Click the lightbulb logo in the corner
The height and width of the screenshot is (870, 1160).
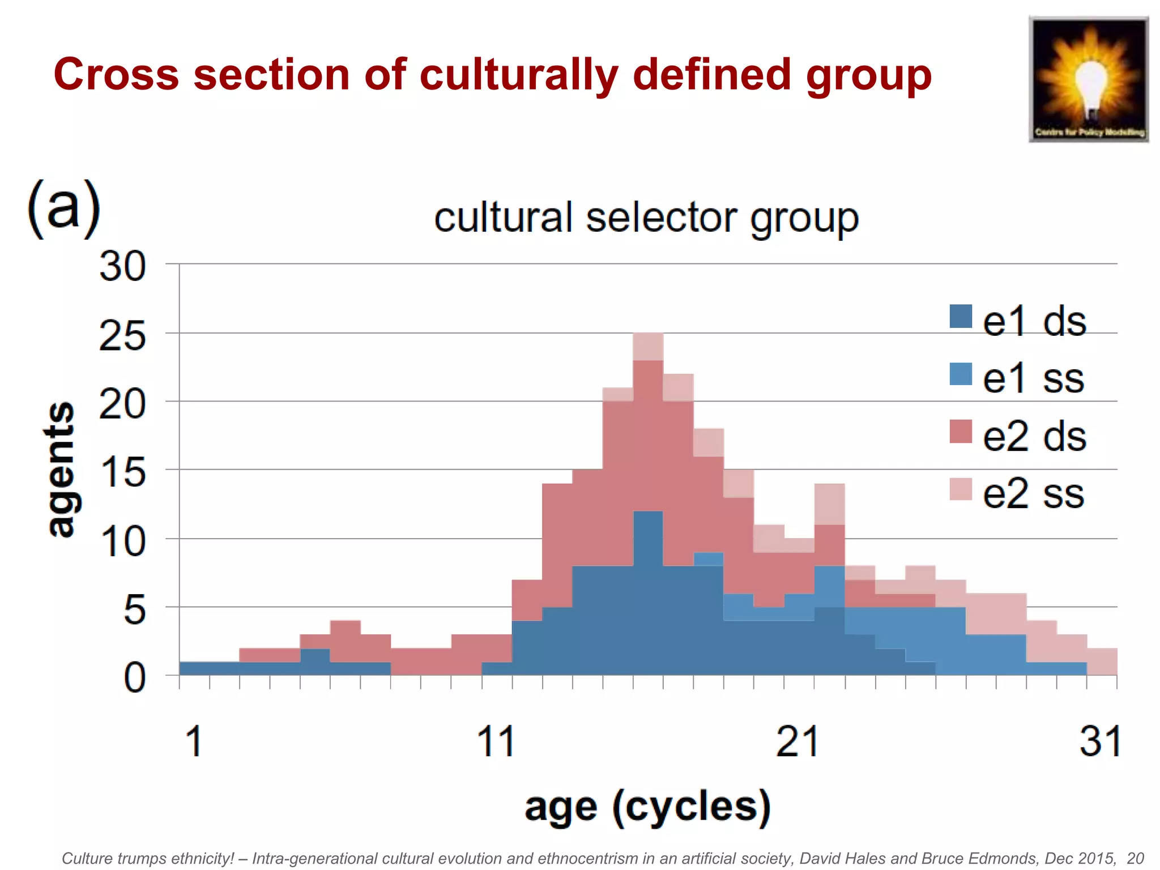[x=1088, y=79]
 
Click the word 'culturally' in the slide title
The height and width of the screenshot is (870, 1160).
[x=518, y=75]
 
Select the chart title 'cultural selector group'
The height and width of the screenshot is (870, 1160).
[x=646, y=218]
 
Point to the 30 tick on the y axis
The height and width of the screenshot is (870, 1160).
[x=122, y=266]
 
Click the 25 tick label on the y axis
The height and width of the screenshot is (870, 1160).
[x=122, y=336]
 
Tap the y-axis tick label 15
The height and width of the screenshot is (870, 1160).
[x=122, y=472]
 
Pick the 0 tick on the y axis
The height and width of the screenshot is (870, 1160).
[x=134, y=678]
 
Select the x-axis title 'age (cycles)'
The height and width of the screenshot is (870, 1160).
[x=647, y=807]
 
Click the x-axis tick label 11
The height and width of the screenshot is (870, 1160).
[x=496, y=741]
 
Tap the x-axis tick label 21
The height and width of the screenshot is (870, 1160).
[x=797, y=741]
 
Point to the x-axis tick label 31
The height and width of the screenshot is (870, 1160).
[x=1099, y=741]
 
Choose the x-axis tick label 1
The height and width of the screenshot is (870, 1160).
[x=194, y=741]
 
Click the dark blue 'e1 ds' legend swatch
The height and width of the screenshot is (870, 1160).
[x=961, y=316]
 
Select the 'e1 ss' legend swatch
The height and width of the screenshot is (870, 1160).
[x=961, y=374]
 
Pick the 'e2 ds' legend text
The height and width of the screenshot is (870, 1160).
[x=1034, y=436]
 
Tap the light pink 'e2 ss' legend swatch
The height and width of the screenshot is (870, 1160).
[x=961, y=489]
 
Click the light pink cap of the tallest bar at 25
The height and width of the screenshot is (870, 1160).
[x=648, y=347]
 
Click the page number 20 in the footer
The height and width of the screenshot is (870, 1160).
[x=1135, y=858]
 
